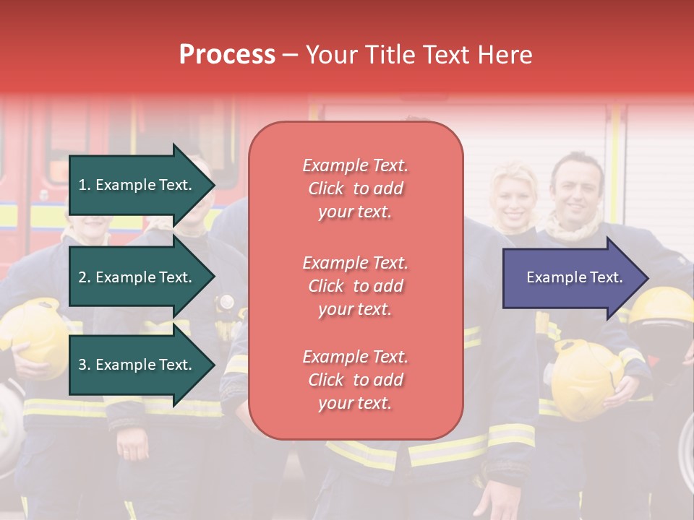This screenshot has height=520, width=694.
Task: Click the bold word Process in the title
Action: [x=227, y=55]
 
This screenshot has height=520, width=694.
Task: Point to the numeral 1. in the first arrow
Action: [x=85, y=185]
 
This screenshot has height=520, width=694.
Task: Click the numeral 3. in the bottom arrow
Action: [x=85, y=365]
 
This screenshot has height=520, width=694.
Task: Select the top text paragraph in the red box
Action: [x=355, y=188]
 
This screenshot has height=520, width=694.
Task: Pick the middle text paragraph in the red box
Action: [x=355, y=286]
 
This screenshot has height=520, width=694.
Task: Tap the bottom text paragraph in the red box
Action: [x=355, y=380]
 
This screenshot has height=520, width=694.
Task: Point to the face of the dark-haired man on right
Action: [x=578, y=190]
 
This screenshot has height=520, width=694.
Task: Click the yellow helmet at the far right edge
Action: [x=664, y=307]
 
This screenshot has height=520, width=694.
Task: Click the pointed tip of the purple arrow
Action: [x=647, y=278]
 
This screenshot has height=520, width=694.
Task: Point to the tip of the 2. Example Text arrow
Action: [x=214, y=277]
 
